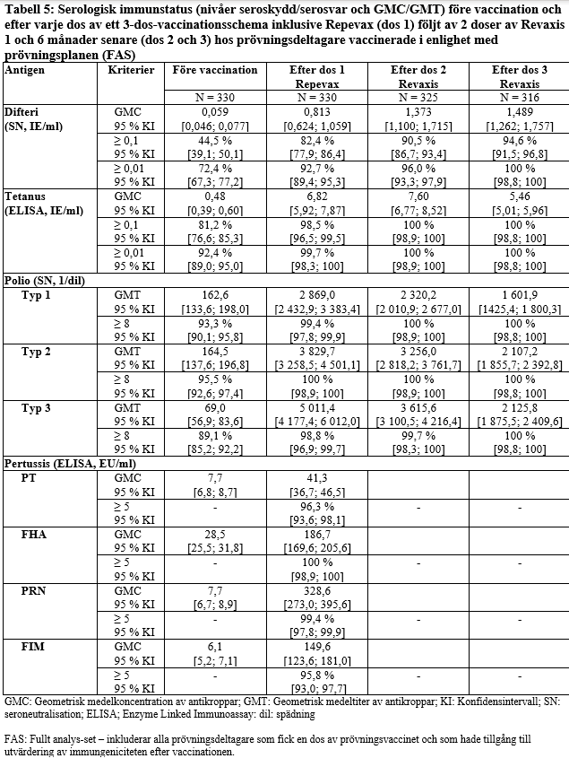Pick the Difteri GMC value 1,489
click(520, 109)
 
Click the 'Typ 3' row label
click(37, 406)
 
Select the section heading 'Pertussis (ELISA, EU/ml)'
click(70, 464)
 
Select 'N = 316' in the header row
click(520, 96)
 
